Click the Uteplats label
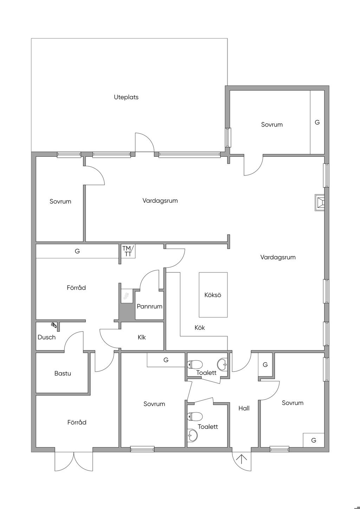pos(126,97)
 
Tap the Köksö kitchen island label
pos(213,295)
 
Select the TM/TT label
pos(128,251)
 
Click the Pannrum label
pos(149,306)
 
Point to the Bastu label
pos(63,373)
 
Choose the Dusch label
pos(46,337)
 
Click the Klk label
pos(142,337)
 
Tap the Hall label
pos(244,408)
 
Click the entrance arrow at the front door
pos(242,459)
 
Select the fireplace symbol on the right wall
pos(320,203)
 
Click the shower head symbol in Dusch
pos(54,325)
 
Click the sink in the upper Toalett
pos(223,364)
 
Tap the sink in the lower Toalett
pos(192,435)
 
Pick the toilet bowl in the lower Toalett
pos(195,417)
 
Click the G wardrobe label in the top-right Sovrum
pos(317,122)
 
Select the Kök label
pos(200,328)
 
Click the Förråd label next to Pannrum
pos(76,288)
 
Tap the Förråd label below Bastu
pos(77,422)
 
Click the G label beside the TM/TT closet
pos(77,251)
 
